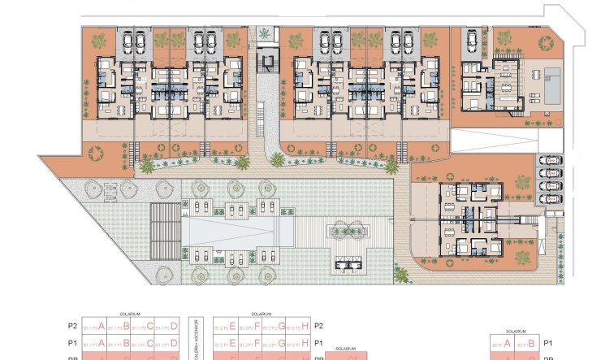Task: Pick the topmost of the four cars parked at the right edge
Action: coord(550,161)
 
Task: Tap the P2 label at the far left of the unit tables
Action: coord(72,326)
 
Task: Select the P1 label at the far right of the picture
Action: coord(547,343)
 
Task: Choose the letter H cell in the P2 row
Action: coord(304,326)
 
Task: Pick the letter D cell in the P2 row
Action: coord(173,326)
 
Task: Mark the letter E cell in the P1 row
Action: coord(233,343)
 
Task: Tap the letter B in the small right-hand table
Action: coord(532,343)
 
